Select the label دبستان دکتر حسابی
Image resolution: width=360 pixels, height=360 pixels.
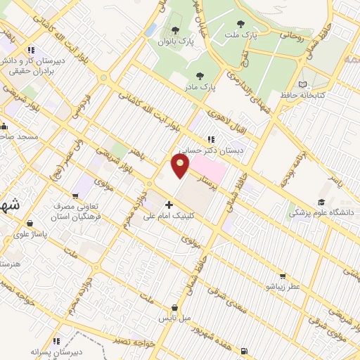coord(206,149)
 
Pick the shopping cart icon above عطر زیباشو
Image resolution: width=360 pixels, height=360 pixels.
coord(283,276)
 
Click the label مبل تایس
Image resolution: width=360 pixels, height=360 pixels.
coord(174,319)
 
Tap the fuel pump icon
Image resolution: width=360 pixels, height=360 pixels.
coord(243,351)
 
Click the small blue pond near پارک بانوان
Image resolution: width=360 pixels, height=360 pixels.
coord(150,29)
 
